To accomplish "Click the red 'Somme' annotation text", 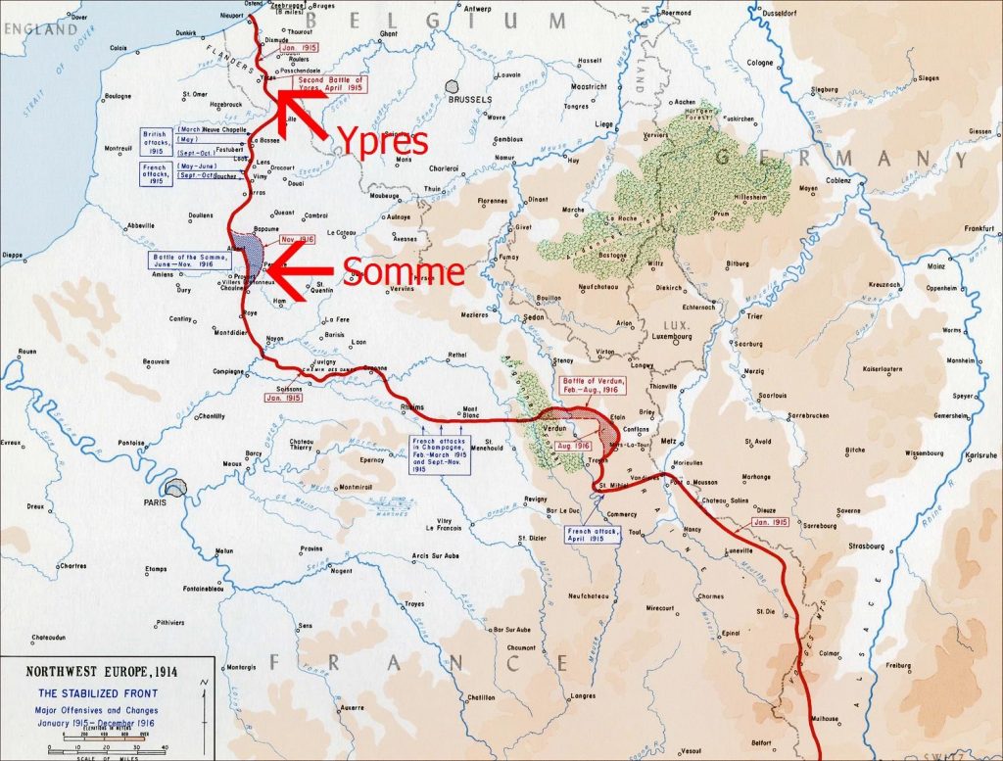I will click(404, 272).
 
